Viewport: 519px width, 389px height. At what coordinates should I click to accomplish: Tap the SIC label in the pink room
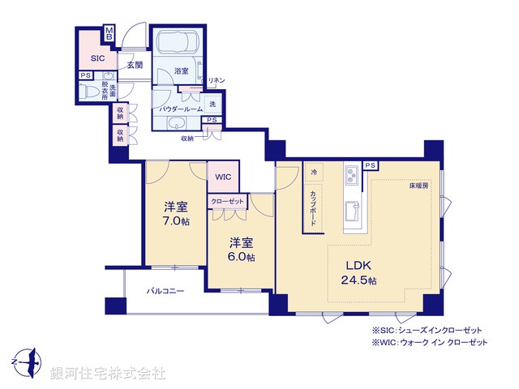point(97,58)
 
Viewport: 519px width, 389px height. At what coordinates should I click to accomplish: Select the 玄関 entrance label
point(135,65)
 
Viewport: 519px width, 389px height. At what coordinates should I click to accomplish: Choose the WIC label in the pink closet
point(223,177)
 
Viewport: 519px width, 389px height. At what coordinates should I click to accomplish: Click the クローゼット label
point(226,201)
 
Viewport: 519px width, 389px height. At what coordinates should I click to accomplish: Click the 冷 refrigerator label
point(314,172)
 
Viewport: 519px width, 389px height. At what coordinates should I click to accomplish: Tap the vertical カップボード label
point(314,207)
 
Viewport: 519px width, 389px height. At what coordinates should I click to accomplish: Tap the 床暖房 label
point(419,186)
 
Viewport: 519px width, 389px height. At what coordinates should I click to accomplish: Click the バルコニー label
point(165,290)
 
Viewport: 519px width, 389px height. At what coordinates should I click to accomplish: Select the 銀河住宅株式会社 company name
point(108,373)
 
